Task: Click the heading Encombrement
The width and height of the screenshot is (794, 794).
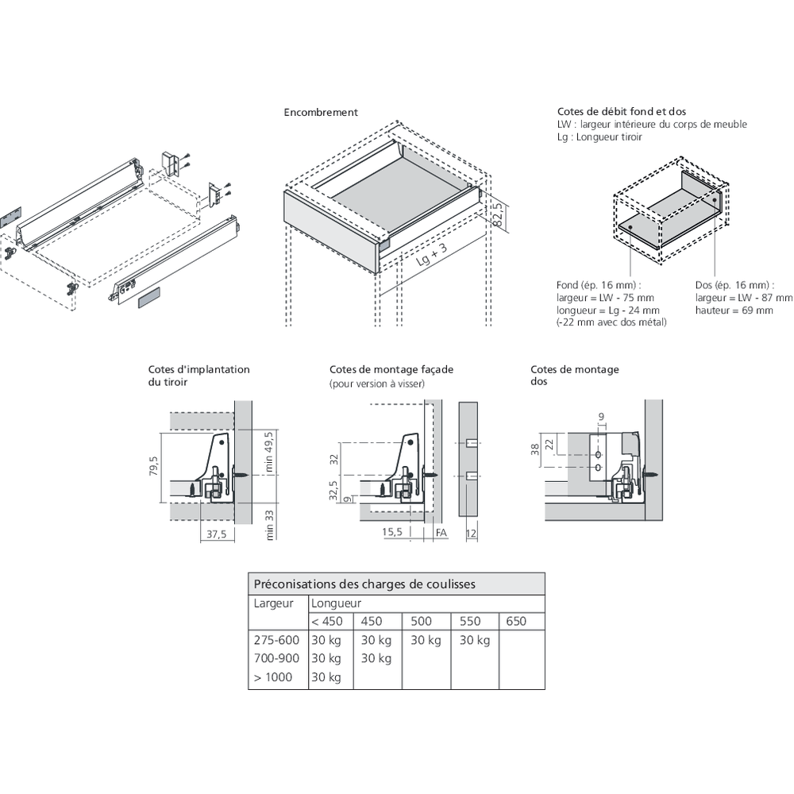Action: tap(321, 113)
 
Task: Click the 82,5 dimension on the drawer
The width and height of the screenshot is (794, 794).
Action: tap(498, 214)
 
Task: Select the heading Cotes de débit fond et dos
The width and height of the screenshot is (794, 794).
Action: tap(622, 112)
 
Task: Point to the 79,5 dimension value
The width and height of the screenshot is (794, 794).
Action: tap(154, 467)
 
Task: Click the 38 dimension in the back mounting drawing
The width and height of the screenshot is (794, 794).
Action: tap(535, 450)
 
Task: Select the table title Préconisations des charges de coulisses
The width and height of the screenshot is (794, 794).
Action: tap(364, 584)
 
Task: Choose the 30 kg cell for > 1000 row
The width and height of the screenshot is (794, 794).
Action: tap(326, 677)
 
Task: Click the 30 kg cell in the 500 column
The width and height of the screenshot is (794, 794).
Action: tap(426, 640)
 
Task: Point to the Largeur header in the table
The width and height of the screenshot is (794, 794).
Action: tap(274, 603)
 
